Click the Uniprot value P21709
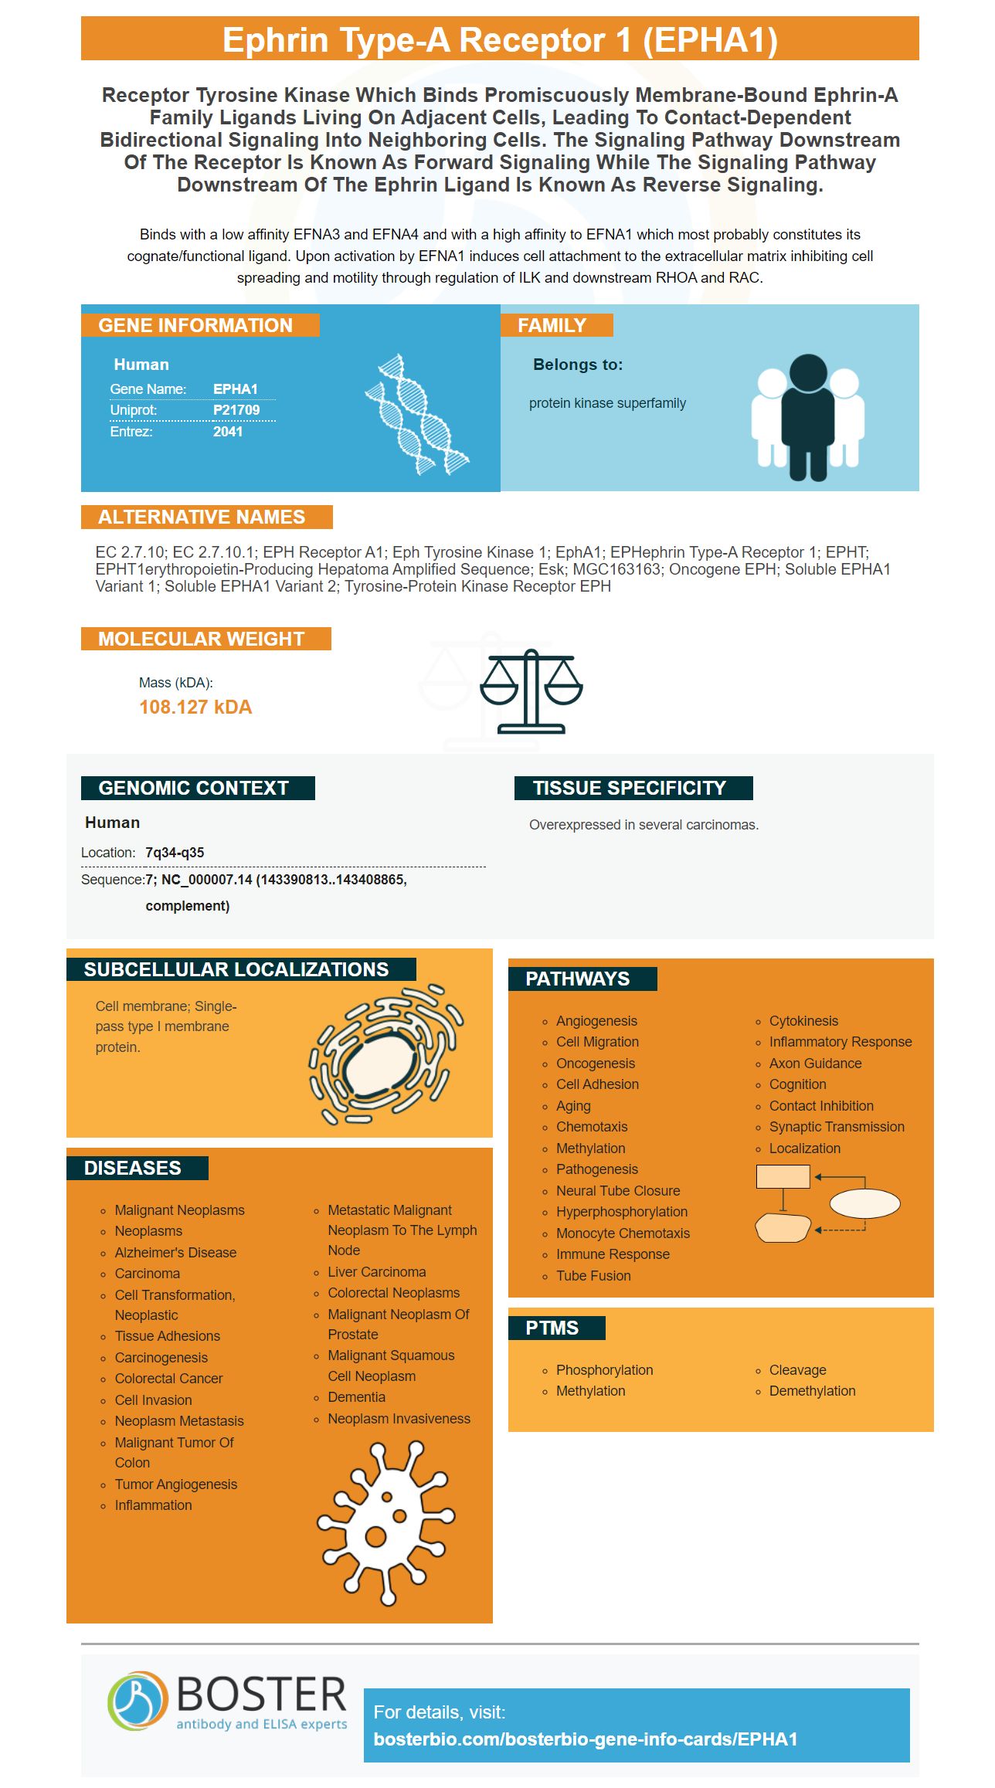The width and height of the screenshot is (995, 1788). (236, 410)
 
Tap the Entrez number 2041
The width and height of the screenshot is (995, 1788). (228, 432)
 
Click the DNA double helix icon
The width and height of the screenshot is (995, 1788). (417, 414)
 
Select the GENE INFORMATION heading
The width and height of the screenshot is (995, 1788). (195, 325)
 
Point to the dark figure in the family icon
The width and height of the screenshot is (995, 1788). (808, 416)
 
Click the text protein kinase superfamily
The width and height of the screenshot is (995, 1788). (607, 403)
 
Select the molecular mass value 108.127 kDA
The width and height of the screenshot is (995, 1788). (195, 707)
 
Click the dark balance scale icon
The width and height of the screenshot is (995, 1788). (531, 691)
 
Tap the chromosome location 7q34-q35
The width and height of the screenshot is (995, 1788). (175, 853)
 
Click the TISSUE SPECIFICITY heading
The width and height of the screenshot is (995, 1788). (630, 788)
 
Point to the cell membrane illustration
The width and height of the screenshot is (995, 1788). (385, 1053)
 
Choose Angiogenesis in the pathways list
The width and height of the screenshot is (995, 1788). (596, 1021)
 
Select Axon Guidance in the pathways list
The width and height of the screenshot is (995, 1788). (815, 1064)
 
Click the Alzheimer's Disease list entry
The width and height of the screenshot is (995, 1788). (175, 1253)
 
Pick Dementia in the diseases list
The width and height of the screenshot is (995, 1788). (356, 1397)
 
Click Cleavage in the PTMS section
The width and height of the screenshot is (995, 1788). (797, 1370)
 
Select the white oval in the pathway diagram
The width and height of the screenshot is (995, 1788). (864, 1203)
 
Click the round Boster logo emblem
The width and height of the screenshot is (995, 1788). (138, 1700)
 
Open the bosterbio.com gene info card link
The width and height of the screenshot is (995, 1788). (586, 1739)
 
